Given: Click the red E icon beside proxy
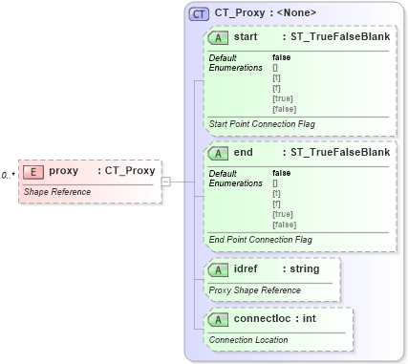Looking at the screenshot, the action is [33, 171].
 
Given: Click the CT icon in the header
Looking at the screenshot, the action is [199, 13].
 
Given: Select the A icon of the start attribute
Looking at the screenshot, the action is [219, 37].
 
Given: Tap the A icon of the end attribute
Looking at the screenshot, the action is [219, 152].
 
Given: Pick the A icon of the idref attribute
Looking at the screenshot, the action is [219, 269].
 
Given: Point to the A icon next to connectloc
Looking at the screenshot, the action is [219, 319].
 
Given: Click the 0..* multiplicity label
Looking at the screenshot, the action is [8, 175].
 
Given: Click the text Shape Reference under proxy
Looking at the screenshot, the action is [56, 191].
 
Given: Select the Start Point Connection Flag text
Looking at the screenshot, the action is [260, 124].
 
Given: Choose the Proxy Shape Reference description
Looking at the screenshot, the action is [254, 289].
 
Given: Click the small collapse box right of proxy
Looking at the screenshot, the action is [165, 181].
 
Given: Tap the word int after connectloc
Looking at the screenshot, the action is [310, 319].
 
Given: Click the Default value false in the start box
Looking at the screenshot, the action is [282, 57].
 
